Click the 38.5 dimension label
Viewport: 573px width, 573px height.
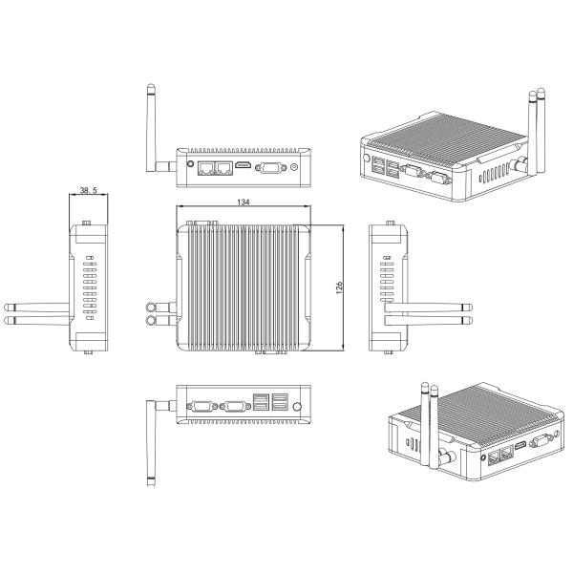[x=89, y=190]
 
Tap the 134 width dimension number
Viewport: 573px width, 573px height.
[x=244, y=202]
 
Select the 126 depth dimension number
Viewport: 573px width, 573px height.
[x=339, y=288]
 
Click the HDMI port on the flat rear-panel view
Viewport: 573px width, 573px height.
[x=244, y=165]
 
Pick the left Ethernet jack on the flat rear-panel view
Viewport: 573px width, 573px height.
[x=205, y=168]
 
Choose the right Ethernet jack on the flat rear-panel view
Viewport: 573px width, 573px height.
[x=223, y=168]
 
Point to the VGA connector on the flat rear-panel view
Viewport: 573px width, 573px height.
[x=271, y=168]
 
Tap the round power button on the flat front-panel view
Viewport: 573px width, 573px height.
[x=297, y=407]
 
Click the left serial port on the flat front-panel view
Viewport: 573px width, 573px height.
[x=202, y=406]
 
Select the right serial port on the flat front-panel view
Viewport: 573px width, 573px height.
[x=236, y=406]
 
